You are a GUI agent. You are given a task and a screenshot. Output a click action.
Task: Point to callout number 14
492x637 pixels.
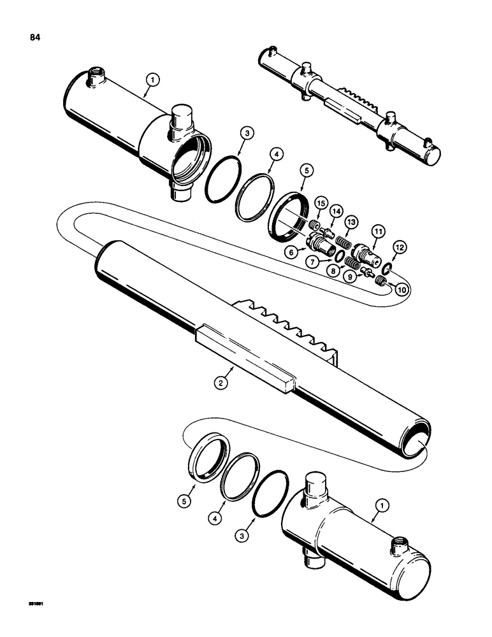coord(336,211)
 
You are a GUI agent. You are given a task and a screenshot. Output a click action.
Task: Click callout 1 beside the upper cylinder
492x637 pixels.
coord(152,80)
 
